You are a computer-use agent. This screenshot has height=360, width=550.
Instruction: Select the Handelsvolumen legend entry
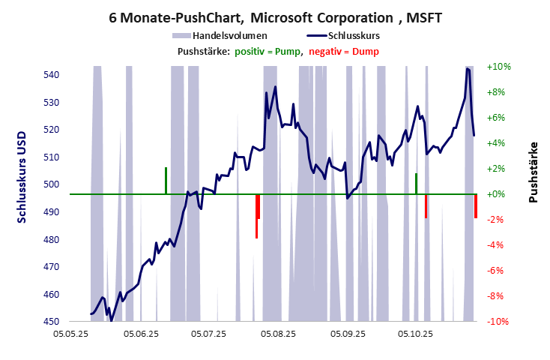229,35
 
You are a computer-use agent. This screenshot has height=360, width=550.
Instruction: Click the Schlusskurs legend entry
356,35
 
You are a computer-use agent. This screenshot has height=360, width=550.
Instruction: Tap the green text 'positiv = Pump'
268,51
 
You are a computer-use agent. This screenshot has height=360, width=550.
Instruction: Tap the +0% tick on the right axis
498,194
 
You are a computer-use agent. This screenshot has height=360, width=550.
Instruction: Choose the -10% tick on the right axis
498,322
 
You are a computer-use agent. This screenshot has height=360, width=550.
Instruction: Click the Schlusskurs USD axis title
22,178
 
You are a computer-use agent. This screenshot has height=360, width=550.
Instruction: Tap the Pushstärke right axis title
534,172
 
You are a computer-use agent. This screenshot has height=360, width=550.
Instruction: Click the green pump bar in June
166,181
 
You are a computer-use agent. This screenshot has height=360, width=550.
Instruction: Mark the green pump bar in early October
416,184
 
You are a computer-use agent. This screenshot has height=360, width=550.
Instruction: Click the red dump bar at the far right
475,205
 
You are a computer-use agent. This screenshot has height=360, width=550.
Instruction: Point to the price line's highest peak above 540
468,68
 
